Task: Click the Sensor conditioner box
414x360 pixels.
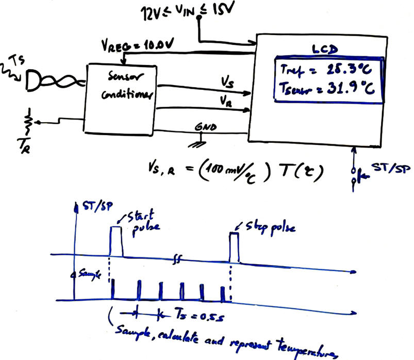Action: click(x=122, y=98)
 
